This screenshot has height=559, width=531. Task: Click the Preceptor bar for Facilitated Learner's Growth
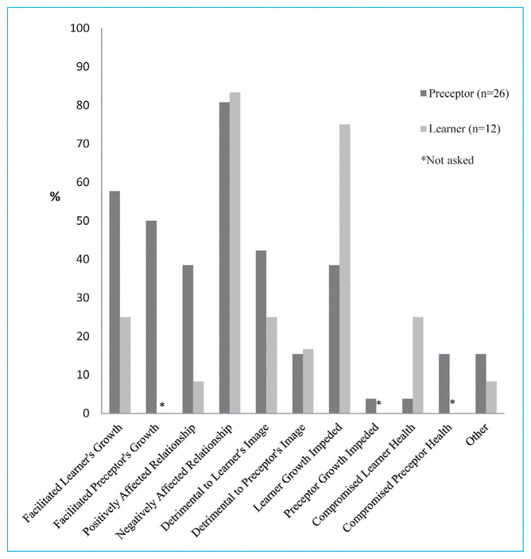pos(114,302)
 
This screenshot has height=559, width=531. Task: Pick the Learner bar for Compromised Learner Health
pos(418,365)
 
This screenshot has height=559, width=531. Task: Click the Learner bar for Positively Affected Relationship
pos(198,398)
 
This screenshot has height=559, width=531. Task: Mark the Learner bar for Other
pos(491,398)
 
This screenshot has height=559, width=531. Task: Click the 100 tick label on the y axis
pos(79,29)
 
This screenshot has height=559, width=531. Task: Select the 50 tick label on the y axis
pos(83,221)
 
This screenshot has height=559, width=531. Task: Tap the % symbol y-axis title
pos(55,197)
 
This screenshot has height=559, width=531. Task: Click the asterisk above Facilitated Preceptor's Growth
pos(162,406)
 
